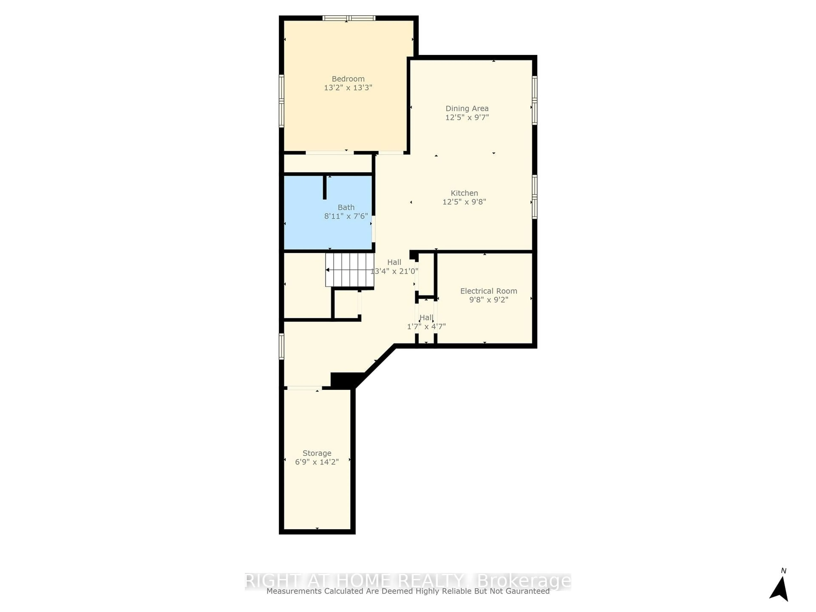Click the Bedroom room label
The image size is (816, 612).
click(348, 79)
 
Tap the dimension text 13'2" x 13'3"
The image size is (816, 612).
click(348, 88)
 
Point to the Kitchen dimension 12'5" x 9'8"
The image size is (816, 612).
click(464, 202)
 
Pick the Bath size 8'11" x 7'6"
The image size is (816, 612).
click(346, 216)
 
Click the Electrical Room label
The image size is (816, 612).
click(488, 291)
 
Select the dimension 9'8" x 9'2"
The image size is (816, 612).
click(488, 300)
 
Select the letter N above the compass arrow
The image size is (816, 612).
click(783, 571)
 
